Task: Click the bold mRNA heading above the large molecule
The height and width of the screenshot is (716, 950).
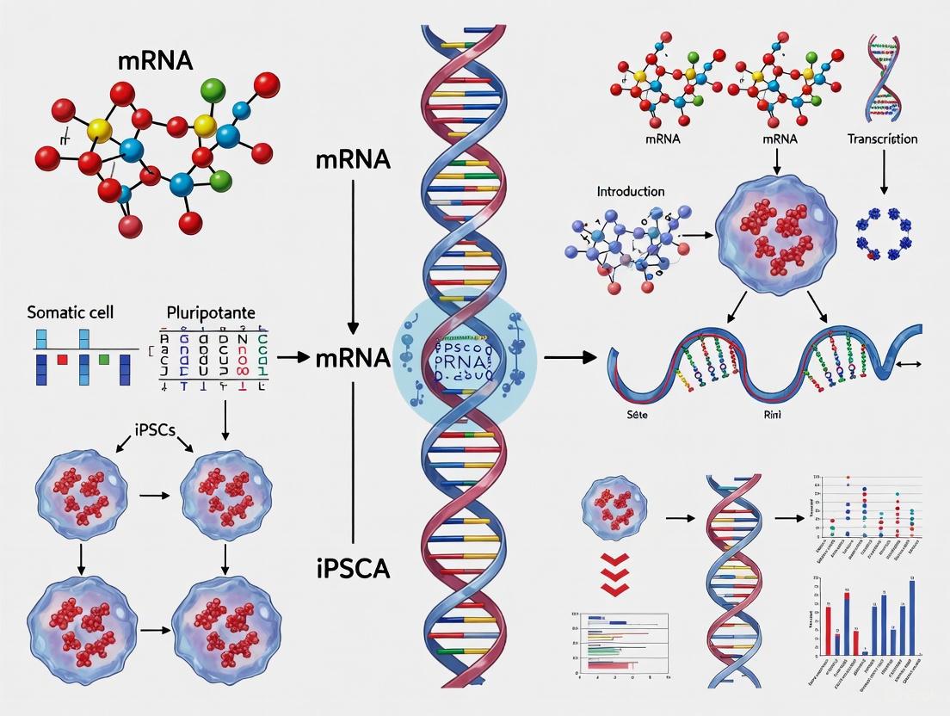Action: click(x=156, y=61)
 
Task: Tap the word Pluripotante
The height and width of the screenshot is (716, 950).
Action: click(x=211, y=312)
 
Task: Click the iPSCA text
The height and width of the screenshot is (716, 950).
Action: click(x=353, y=568)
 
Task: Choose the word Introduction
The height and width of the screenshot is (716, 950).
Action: click(x=631, y=191)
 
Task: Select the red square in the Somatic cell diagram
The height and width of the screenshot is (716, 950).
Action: click(x=62, y=360)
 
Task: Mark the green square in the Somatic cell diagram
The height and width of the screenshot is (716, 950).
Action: click(x=104, y=359)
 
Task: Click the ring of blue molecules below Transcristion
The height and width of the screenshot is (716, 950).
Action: click(x=883, y=231)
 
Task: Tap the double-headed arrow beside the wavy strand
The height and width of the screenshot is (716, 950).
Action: click(x=908, y=365)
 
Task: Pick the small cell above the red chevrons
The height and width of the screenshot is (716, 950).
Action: click(x=614, y=515)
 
